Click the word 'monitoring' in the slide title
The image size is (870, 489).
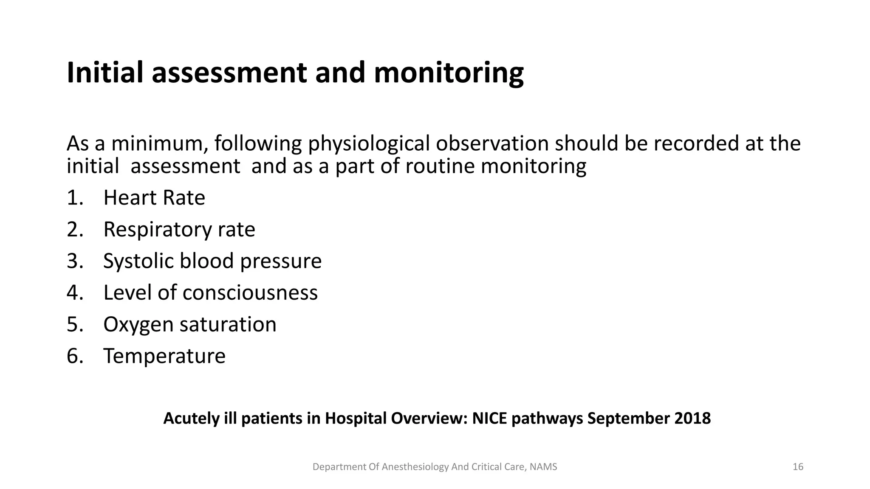449,73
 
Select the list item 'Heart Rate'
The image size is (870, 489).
154,198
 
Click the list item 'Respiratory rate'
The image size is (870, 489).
179,230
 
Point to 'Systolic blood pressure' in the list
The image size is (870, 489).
212,261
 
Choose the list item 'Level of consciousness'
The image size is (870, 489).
210,293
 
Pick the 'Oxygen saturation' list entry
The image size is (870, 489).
189,324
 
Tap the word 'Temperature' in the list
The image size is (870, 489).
164,356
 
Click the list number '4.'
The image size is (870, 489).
75,293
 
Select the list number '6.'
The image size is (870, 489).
75,356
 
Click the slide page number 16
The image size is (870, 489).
798,467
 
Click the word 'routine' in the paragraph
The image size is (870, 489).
441,166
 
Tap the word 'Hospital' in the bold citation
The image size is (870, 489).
356,419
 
